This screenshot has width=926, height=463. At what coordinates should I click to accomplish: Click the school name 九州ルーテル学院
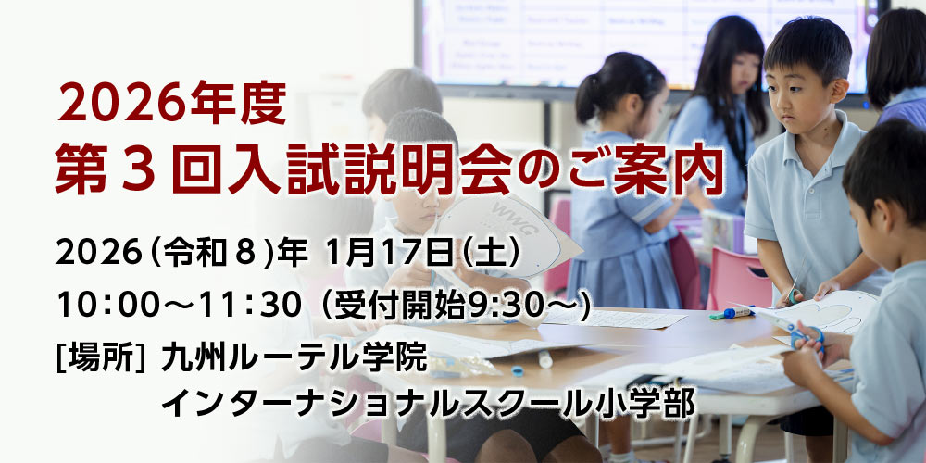pos(294,357)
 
